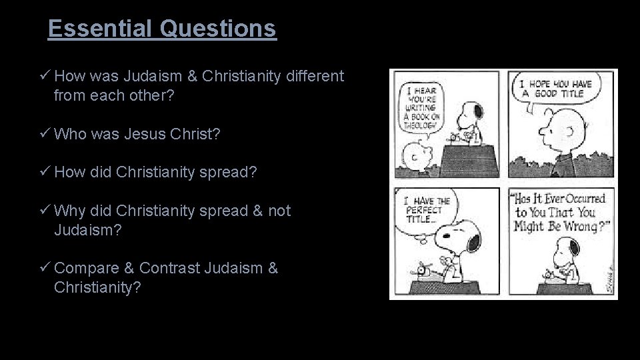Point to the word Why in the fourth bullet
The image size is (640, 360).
69,211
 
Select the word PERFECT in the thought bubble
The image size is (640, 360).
423,210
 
